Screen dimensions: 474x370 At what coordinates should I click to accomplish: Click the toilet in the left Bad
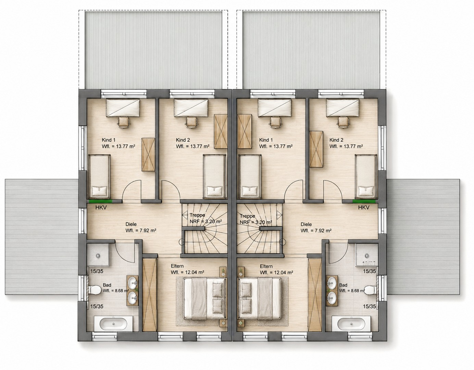pos(95,290)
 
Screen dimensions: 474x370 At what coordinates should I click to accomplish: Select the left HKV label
pos(101,208)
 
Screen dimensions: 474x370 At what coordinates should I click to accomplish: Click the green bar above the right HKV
pos(364,201)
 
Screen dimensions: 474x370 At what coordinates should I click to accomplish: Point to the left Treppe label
pos(197,215)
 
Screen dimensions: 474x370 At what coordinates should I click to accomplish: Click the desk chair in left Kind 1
pos(124,122)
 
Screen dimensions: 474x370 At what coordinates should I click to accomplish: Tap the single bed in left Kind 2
pos(214,176)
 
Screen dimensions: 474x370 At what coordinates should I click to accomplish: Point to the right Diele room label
pos(306,224)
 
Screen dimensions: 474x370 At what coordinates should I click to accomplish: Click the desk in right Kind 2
pos(343,108)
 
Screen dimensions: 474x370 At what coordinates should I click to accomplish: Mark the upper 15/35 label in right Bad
pos(369,271)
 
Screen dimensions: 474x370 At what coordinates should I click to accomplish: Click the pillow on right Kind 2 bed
pos(365,190)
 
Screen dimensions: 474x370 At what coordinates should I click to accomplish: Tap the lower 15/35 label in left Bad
pos(97,306)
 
